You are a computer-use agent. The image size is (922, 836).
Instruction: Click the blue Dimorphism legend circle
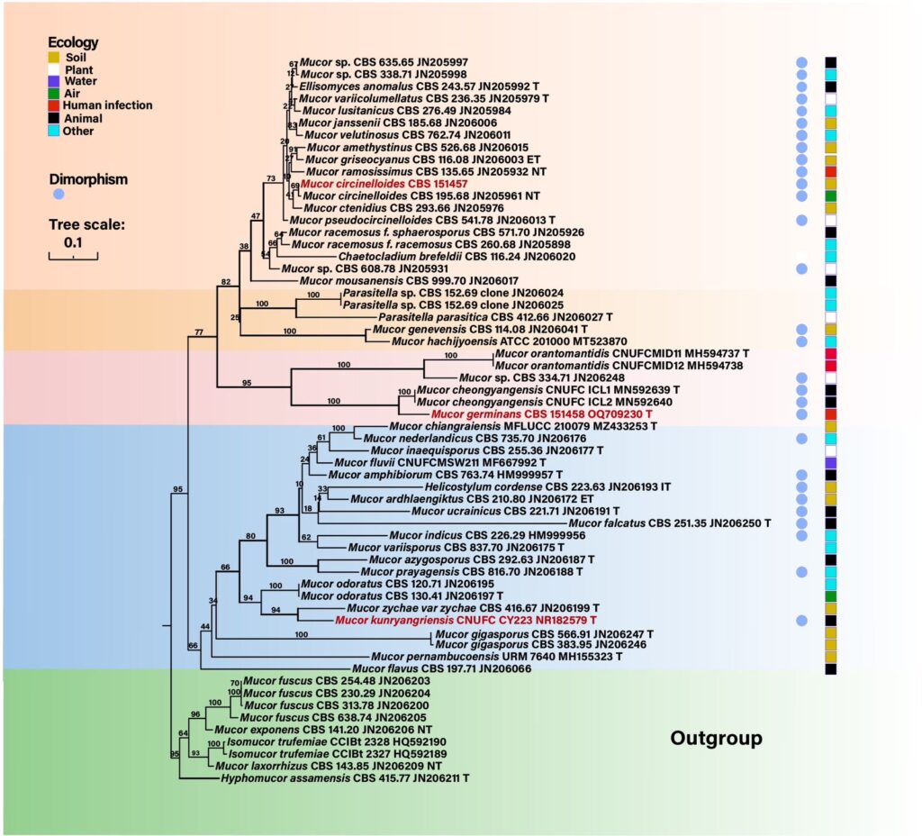click(x=59, y=193)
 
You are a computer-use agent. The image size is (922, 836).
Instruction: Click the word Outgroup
click(x=716, y=739)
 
